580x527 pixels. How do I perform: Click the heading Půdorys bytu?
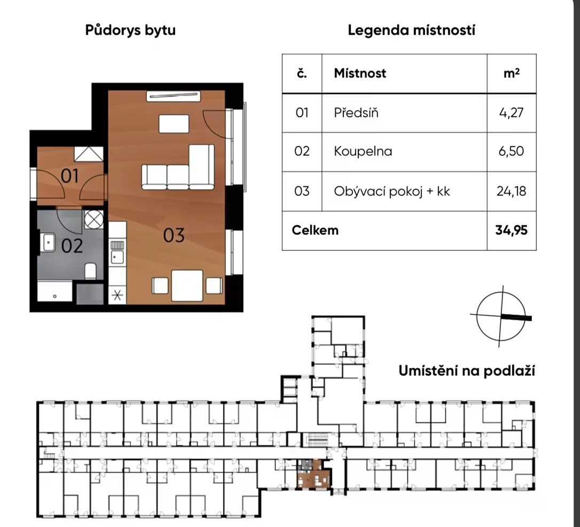coord(130,30)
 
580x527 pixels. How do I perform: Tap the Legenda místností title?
coord(411,30)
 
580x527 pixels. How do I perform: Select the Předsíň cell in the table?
coord(356,113)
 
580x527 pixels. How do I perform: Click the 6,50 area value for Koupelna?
coord(511,151)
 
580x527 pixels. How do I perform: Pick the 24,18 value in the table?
coord(511,191)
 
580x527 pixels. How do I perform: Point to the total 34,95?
coord(511,230)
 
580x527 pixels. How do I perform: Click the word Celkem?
coord(315,230)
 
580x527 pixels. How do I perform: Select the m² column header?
coord(512,73)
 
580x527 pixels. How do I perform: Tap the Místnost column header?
coord(360,73)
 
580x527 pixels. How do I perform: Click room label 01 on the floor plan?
coord(69,176)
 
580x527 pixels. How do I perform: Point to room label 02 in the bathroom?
coord(72,246)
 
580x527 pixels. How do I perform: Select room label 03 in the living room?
coord(174,235)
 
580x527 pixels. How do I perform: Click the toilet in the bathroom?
coord(91,271)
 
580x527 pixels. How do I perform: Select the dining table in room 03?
coord(187,286)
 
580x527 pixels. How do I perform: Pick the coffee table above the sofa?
coord(174,123)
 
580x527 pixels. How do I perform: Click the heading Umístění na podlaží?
coord(467,371)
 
